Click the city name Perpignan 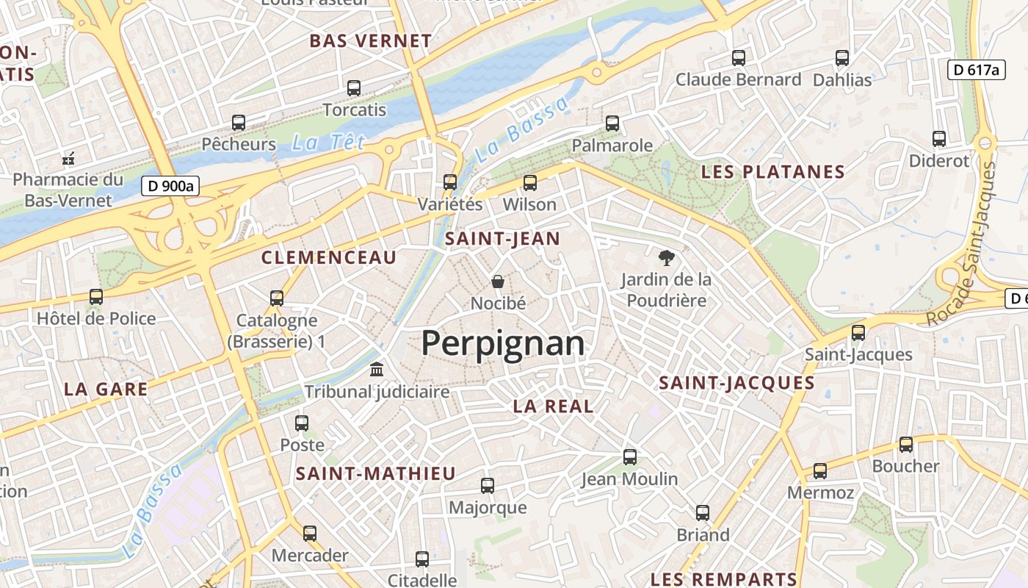(x=503, y=343)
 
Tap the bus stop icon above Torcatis (x=354, y=88)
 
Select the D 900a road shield (x=170, y=186)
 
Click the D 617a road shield (x=976, y=70)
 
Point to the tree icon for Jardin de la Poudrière (x=666, y=257)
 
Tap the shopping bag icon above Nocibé (x=498, y=281)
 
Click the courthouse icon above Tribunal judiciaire (x=377, y=369)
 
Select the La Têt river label (x=327, y=143)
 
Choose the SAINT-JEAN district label (x=503, y=238)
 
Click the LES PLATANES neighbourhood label (x=773, y=172)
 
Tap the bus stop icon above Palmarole (x=612, y=123)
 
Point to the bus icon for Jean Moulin (x=630, y=456)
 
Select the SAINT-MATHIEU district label (x=376, y=474)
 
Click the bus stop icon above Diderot (x=939, y=138)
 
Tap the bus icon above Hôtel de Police (x=96, y=296)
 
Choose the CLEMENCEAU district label (x=329, y=257)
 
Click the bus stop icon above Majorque (x=488, y=485)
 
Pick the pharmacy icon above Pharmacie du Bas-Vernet (x=68, y=157)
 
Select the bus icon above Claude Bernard (x=739, y=57)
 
